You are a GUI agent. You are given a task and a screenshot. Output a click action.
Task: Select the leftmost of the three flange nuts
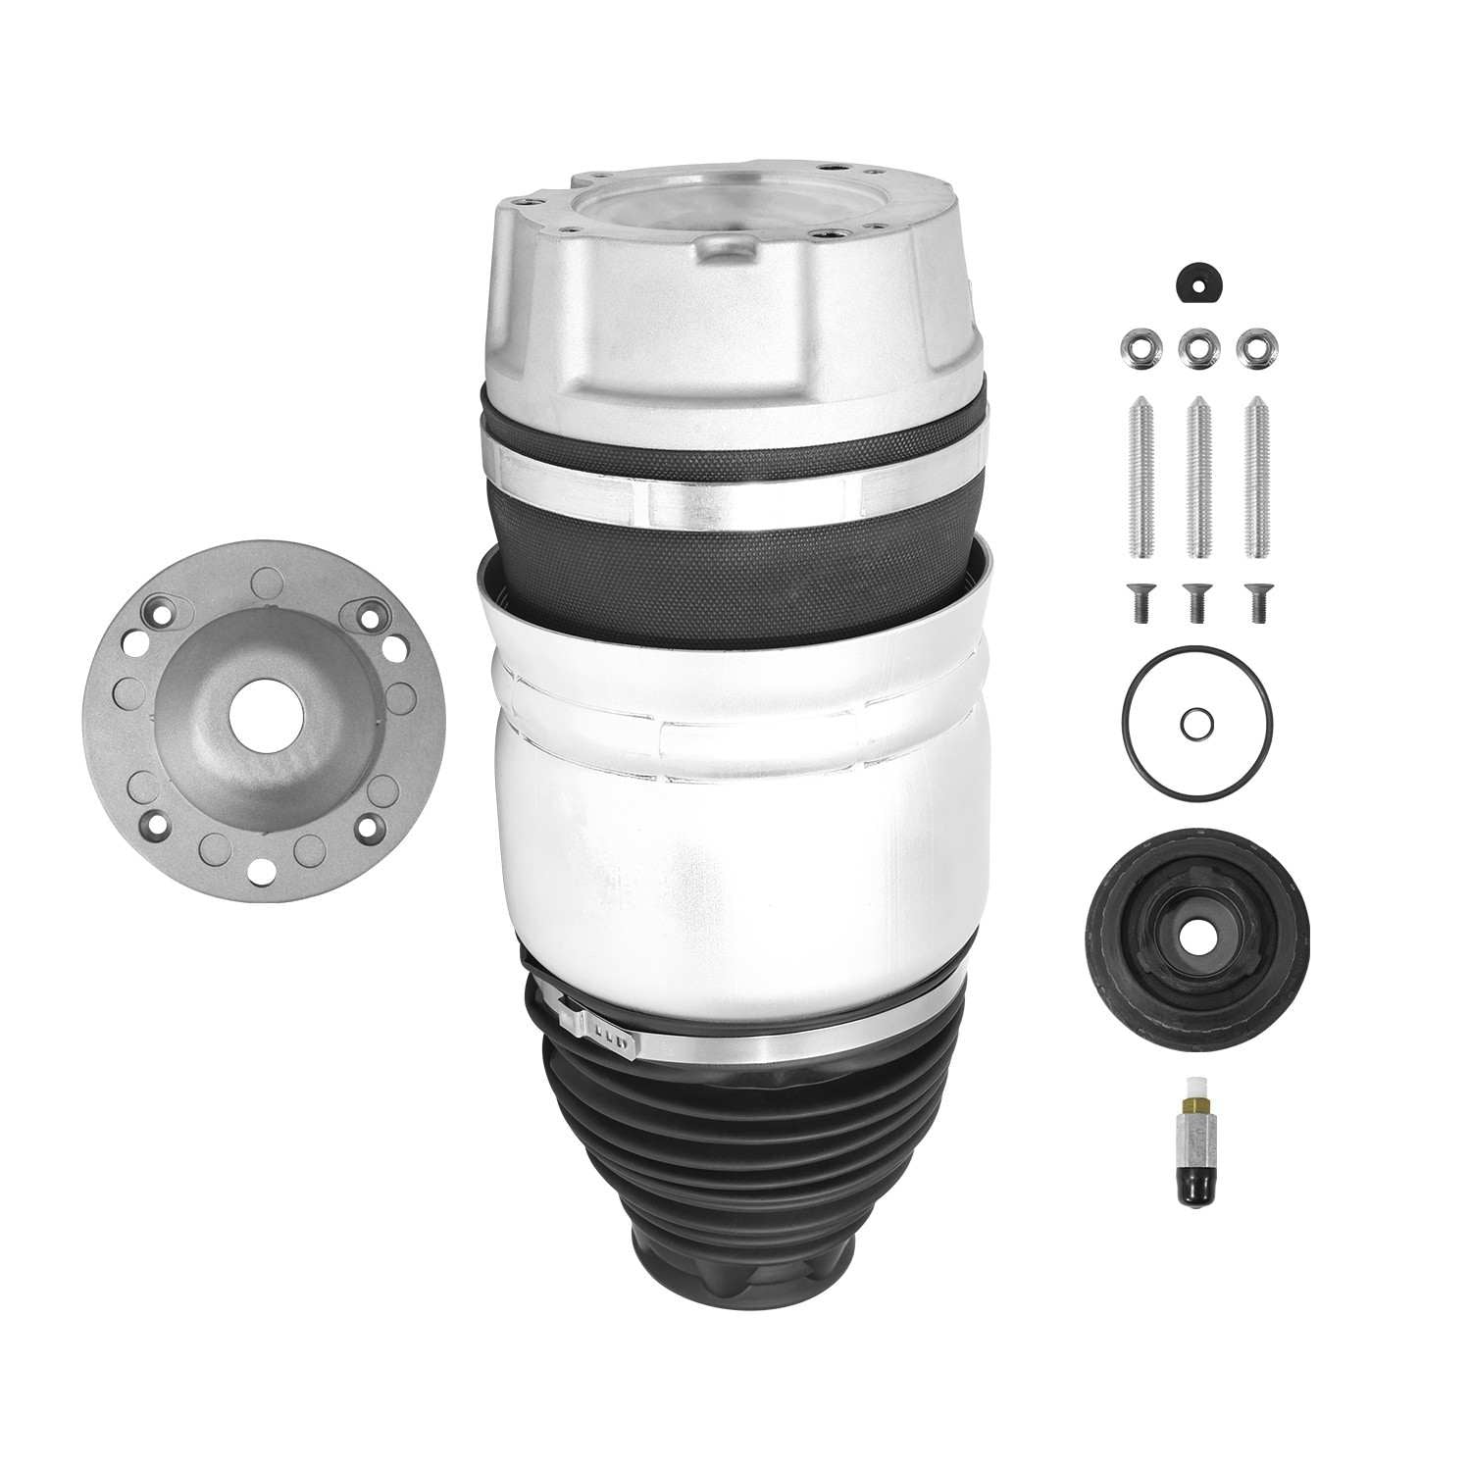[x=1135, y=346]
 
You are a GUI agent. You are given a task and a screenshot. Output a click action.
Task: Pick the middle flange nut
[x=1193, y=346]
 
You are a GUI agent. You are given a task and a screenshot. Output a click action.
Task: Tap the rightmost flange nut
[x=1250, y=346]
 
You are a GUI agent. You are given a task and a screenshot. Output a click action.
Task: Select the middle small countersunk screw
[x=1193, y=599]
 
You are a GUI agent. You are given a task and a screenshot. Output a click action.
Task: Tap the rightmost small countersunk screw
[x=1251, y=599]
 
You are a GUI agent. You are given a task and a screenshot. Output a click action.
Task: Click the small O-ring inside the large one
[x=1195, y=726]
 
